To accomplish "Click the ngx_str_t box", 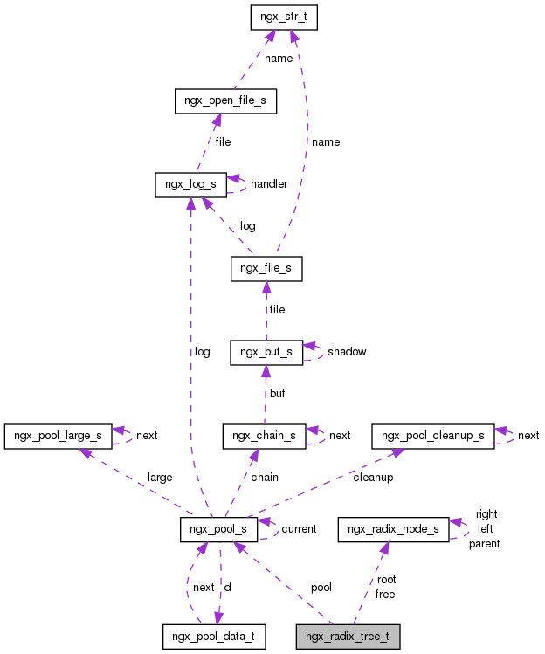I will tap(283, 17).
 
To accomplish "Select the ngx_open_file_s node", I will tap(225, 101).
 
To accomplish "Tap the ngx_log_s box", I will tap(190, 184).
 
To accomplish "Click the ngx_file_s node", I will tap(266, 269).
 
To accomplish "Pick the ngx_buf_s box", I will tap(266, 352).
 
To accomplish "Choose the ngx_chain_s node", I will tap(264, 436).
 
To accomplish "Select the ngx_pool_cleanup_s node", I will tap(433, 436).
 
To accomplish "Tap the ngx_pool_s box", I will tap(218, 529).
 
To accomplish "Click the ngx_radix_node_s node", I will tap(393, 529).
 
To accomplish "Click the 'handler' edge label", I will tap(269, 184).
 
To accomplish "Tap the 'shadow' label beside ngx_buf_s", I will tap(347, 352).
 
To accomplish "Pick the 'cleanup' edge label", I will tap(373, 478).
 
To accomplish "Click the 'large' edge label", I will tap(160, 478).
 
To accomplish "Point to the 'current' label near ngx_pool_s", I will tap(299, 529).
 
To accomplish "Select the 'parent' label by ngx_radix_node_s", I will tap(485, 544).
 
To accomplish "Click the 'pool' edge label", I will tap(321, 588).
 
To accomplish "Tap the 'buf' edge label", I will tap(277, 394).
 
